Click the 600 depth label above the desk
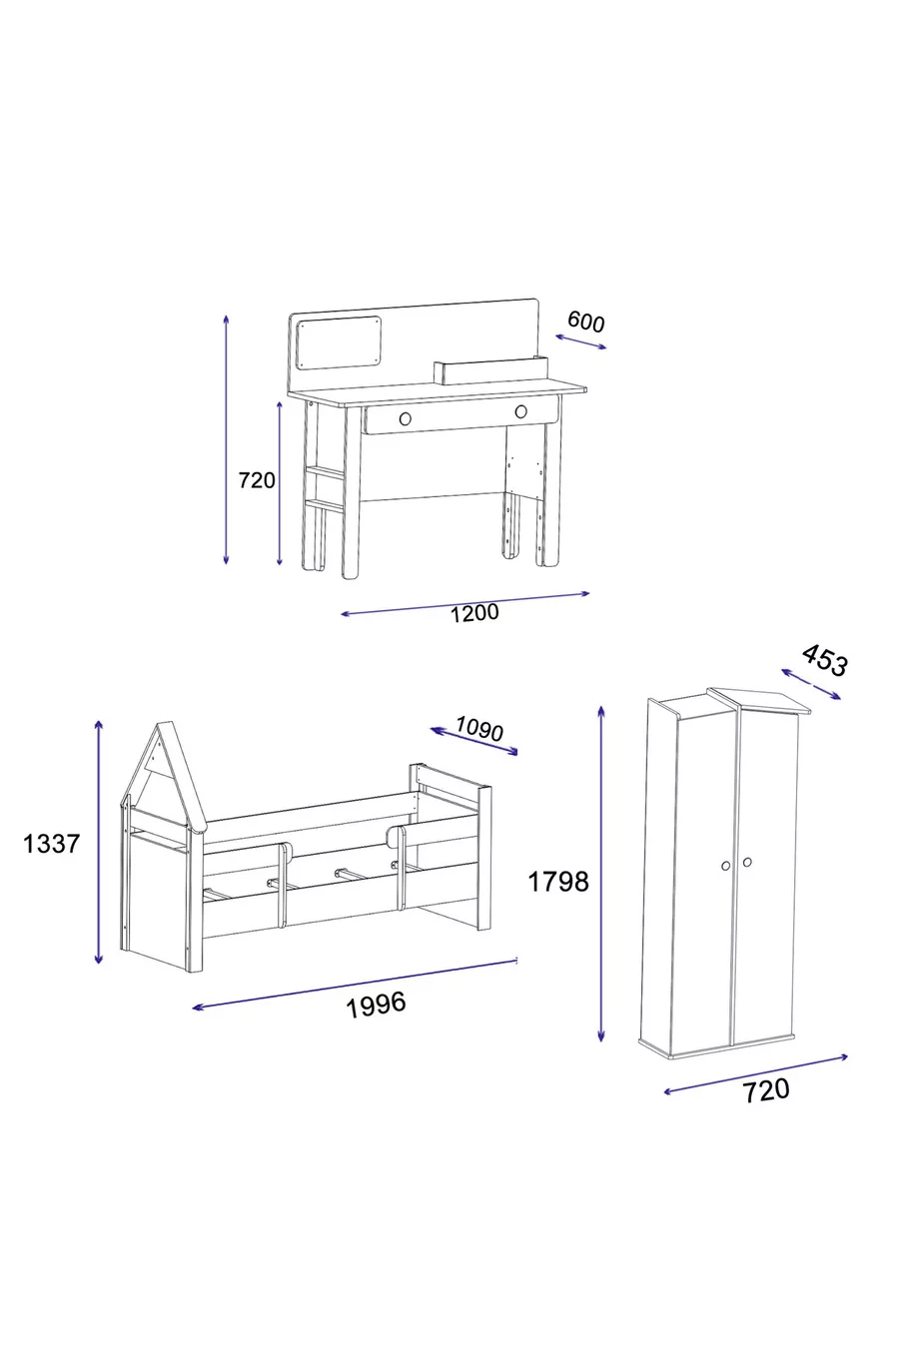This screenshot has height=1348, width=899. coord(586,322)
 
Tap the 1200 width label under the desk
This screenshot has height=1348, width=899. coord(474,613)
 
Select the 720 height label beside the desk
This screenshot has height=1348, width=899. coord(257,480)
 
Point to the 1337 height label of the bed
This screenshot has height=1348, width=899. coord(51,844)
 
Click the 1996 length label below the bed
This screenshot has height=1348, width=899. coord(376,1005)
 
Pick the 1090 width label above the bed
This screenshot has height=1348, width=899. coord(479,729)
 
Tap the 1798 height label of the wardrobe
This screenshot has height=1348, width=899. coord(558,882)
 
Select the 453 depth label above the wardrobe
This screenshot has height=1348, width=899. coord(825,660)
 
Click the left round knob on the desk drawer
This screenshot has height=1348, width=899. coord(406,418)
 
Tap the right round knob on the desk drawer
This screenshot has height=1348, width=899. coord(520,411)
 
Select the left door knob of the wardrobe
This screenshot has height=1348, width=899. coord(725,866)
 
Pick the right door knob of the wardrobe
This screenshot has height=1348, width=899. coord(747,863)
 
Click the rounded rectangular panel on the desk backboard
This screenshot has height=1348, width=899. coord(340,343)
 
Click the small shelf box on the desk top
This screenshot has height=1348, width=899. coord(491,370)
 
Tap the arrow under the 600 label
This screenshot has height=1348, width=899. coord(580,341)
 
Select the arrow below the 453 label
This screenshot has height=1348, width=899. coord(810,684)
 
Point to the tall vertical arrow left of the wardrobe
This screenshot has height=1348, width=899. coord(601,873)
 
